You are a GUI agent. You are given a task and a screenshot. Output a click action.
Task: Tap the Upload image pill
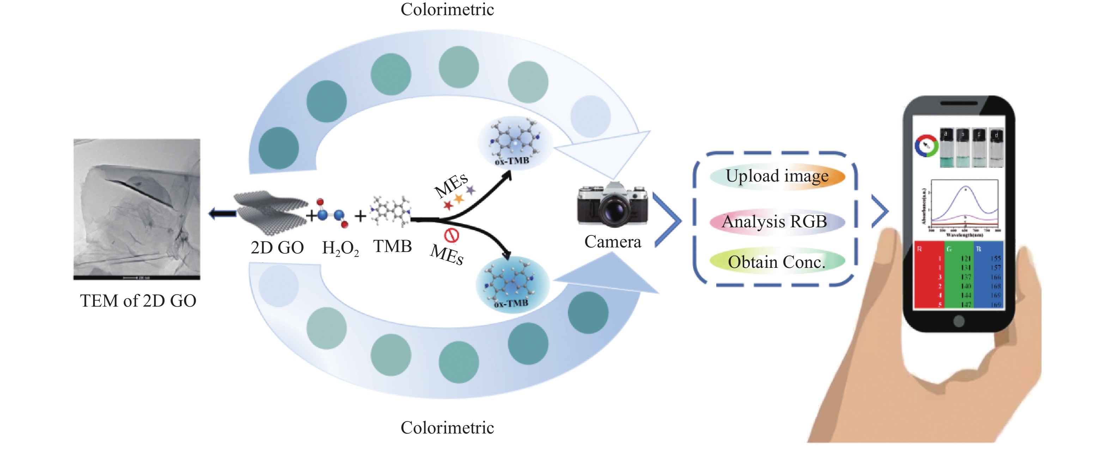[x=777, y=176]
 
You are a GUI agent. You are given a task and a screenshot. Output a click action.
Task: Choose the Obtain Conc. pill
[x=777, y=262]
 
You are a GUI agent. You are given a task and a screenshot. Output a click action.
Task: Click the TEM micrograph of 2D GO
[x=137, y=209]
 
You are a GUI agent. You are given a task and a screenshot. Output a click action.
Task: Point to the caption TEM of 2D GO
[x=138, y=301]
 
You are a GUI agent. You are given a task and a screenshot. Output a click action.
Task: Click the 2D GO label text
[x=277, y=248]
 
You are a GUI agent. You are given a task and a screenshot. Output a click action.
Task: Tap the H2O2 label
[x=340, y=248]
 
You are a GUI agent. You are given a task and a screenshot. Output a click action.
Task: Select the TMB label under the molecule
[x=392, y=246]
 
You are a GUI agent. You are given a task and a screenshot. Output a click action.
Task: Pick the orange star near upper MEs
[x=459, y=199]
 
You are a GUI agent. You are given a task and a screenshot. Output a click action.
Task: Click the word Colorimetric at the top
[x=447, y=10]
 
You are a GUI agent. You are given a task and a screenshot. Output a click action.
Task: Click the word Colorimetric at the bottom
[x=447, y=428]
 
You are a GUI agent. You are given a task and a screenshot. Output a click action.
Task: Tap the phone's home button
[x=958, y=321]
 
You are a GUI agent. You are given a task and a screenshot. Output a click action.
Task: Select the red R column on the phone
[x=929, y=275]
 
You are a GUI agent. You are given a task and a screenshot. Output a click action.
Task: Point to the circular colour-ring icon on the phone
[x=926, y=146]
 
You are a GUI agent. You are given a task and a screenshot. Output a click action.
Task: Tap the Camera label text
[x=612, y=242]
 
